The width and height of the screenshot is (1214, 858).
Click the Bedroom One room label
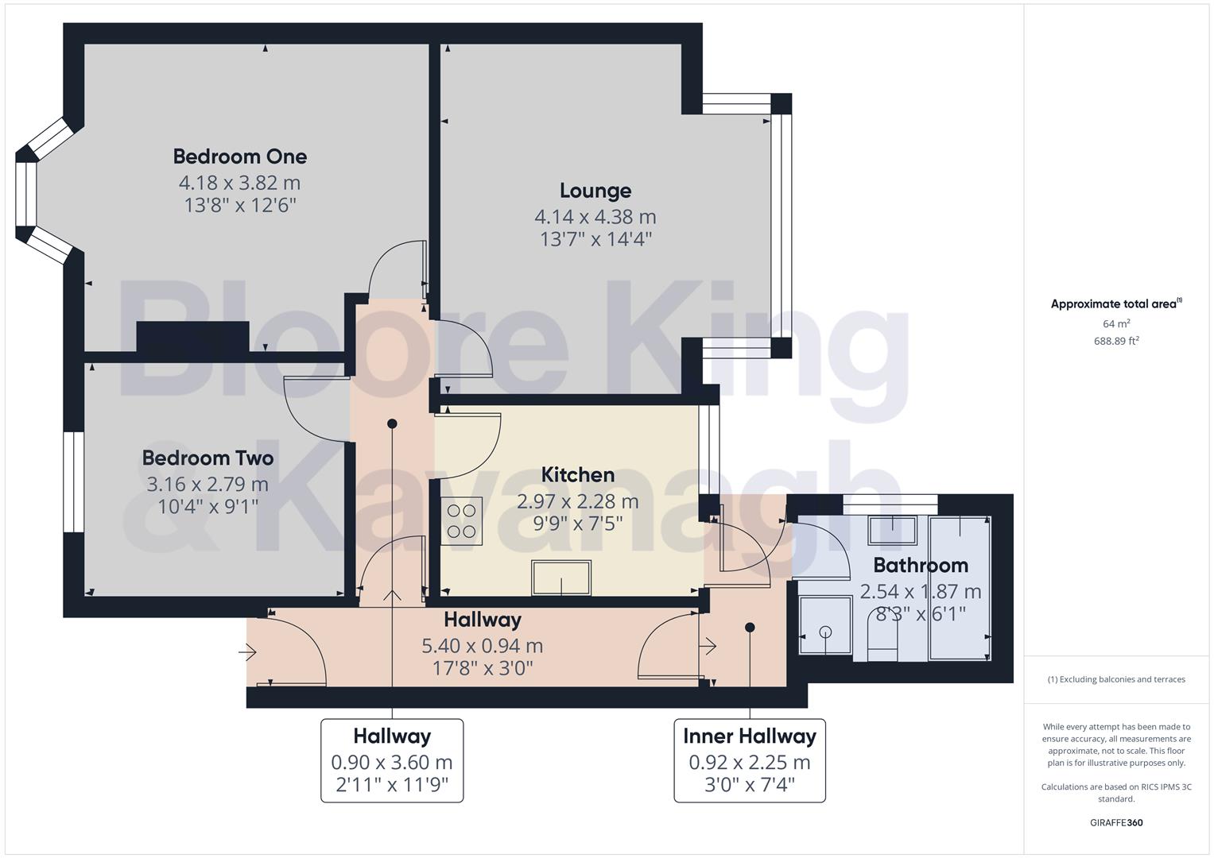pyautogui.click(x=239, y=157)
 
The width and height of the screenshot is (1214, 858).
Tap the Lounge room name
pyautogui.click(x=595, y=191)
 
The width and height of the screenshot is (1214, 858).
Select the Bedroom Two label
pyautogui.click(x=208, y=458)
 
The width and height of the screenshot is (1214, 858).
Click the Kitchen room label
pyautogui.click(x=577, y=475)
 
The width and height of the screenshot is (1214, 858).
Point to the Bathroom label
pyautogui.click(x=921, y=566)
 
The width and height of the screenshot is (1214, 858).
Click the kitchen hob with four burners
pyautogui.click(x=461, y=520)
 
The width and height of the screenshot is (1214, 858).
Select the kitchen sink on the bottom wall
pyautogui.click(x=562, y=578)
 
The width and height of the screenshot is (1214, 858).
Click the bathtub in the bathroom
pyautogui.click(x=960, y=588)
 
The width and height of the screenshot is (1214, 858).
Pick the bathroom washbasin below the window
pyautogui.click(x=892, y=530)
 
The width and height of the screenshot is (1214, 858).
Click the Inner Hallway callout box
pyautogui.click(x=750, y=760)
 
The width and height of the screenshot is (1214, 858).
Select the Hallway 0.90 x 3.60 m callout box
pyautogui.click(x=392, y=760)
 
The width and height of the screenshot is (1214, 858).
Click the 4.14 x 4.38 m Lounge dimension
pyautogui.click(x=595, y=216)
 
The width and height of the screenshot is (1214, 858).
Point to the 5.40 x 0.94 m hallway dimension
pyautogui.click(x=483, y=646)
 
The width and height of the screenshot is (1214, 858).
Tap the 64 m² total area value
pyautogui.click(x=1116, y=323)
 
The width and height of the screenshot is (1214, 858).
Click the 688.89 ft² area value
pyautogui.click(x=1116, y=341)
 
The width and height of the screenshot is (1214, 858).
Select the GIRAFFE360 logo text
pyautogui.click(x=1116, y=823)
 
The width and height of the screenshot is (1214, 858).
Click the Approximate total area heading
pyautogui.click(x=1115, y=303)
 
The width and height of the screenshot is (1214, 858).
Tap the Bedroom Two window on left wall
pyautogui.click(x=74, y=482)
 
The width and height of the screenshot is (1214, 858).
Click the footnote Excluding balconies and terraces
pyautogui.click(x=1116, y=679)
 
